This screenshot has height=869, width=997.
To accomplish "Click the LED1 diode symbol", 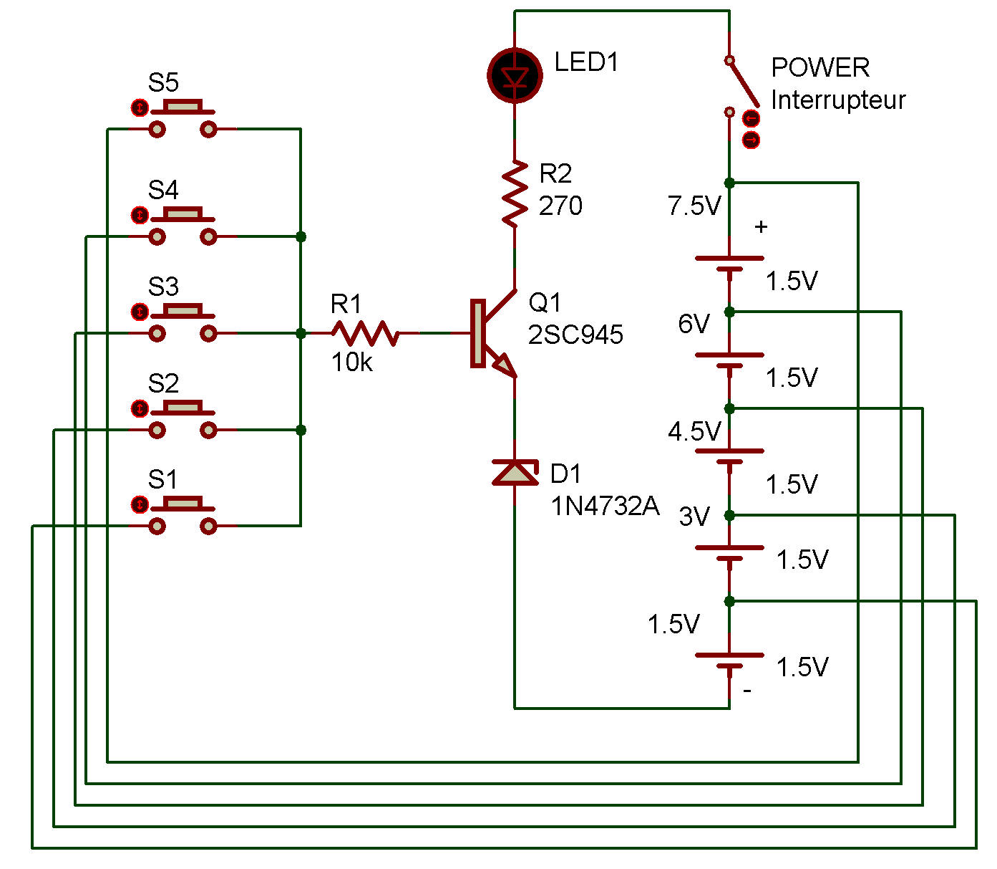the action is tap(515, 76).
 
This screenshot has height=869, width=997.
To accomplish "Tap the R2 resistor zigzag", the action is tap(515, 193).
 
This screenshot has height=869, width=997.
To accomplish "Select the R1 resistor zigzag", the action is tap(365, 333).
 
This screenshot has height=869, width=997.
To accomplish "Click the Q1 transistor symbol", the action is tap(493, 334).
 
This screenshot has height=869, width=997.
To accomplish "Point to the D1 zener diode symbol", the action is tap(515, 473).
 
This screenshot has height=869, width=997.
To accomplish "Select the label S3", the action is tap(163, 287).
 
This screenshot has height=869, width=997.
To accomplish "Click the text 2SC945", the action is tap(575, 335).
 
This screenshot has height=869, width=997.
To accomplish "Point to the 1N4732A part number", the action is tap(605, 506).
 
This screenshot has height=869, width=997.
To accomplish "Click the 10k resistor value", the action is tap(352, 363).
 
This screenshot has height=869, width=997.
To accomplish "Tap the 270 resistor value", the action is tap(560, 206).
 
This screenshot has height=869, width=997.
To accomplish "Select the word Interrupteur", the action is tap(838, 100).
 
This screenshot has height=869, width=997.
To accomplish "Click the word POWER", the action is tap(820, 67).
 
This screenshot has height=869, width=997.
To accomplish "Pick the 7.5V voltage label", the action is tap(694, 206).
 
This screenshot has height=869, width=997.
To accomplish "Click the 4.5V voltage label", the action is tap(694, 431).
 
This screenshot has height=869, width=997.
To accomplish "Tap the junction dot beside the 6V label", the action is tap(729, 312).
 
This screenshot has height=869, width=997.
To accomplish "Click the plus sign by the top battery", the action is tap(761, 227).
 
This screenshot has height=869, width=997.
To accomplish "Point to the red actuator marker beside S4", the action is tap(140, 215).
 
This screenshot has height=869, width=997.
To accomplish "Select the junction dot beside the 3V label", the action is tap(729, 515).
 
